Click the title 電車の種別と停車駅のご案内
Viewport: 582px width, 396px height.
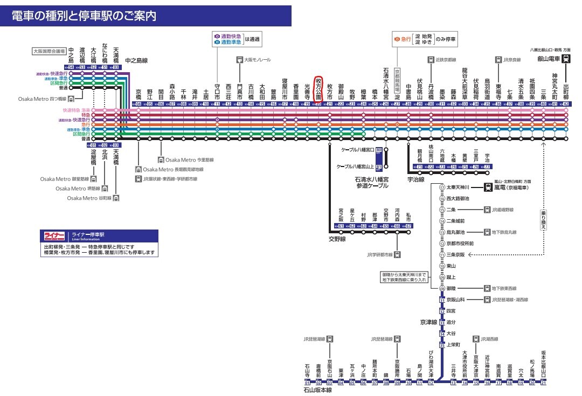(85, 16)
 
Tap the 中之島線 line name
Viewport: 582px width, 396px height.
(137, 61)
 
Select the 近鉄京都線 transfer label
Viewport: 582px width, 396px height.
(445, 60)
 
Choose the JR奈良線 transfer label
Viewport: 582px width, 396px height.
(512, 60)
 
